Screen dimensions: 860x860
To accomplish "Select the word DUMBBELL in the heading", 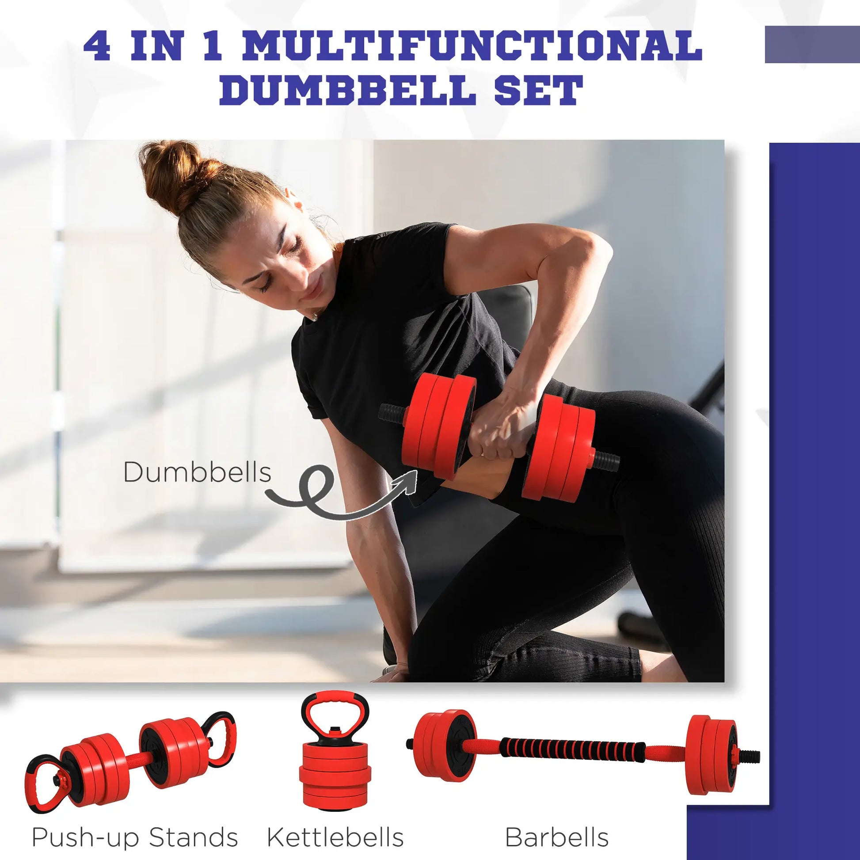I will click(346, 90).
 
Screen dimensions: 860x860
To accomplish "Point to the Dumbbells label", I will click(197, 472).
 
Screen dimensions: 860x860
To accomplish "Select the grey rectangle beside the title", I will click(812, 45).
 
